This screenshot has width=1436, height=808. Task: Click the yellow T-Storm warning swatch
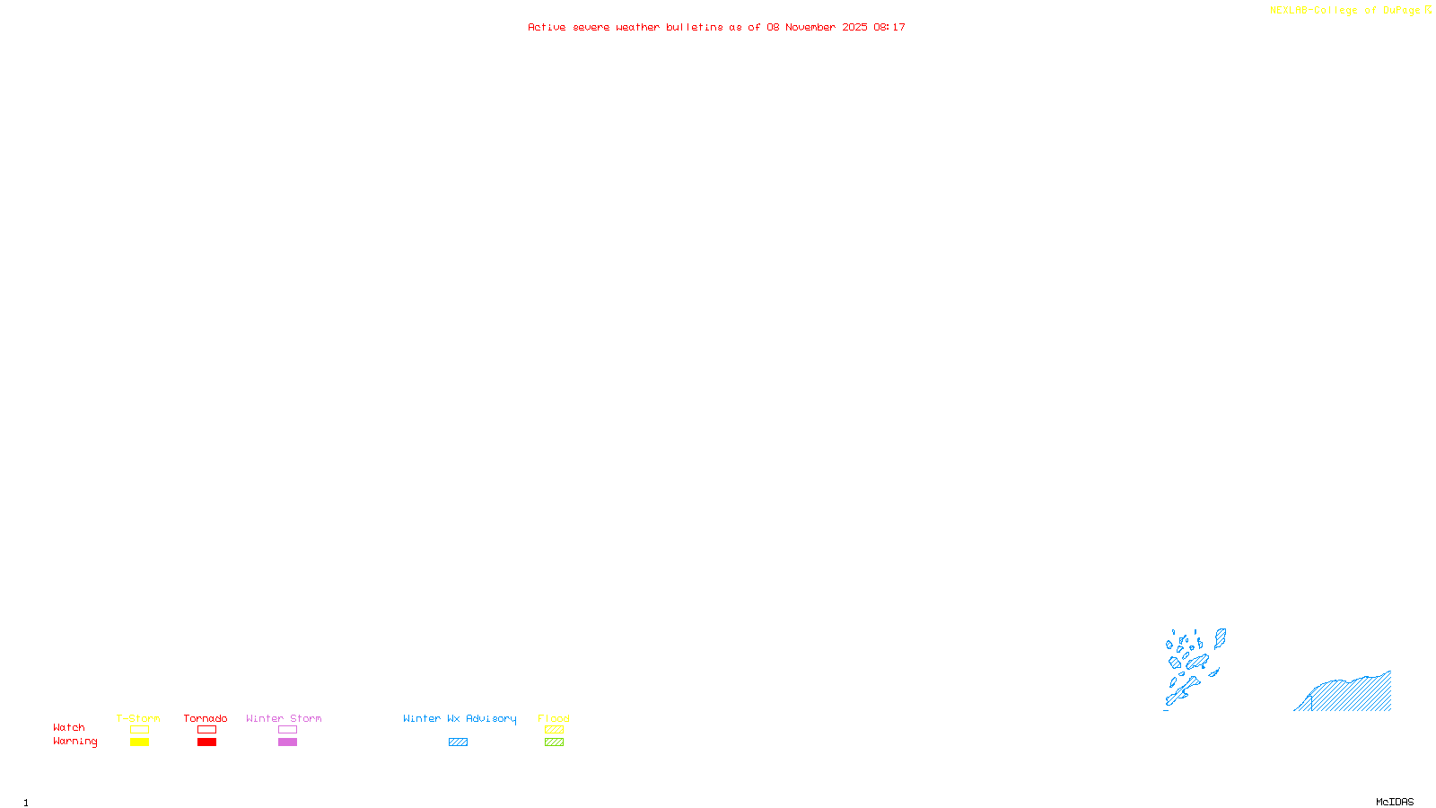pyautogui.click(x=139, y=742)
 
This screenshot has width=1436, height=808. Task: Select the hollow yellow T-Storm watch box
pyautogui.click(x=139, y=730)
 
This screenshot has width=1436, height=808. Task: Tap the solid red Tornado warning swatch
pyautogui.click(x=206, y=742)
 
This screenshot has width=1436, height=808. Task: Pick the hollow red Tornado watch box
pyautogui.click(x=206, y=730)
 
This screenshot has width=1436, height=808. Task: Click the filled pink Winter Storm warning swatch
pyautogui.click(x=287, y=742)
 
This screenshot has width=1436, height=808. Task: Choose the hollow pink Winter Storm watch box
pyautogui.click(x=287, y=730)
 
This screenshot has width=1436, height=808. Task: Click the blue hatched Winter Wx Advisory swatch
pyautogui.click(x=458, y=742)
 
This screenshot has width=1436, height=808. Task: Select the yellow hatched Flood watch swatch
pyautogui.click(x=554, y=730)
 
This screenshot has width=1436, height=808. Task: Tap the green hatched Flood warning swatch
pyautogui.click(x=554, y=742)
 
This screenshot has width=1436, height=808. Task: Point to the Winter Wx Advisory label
pyautogui.click(x=460, y=718)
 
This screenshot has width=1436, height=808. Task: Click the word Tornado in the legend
pyautogui.click(x=206, y=718)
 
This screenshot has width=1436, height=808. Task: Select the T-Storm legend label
pyautogui.click(x=138, y=718)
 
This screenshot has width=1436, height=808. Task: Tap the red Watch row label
pyautogui.click(x=69, y=728)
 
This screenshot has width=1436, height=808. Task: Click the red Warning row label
pyautogui.click(x=74, y=742)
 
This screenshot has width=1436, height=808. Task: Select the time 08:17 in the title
pyautogui.click(x=889, y=27)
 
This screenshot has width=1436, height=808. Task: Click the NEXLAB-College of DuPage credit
pyautogui.click(x=1344, y=11)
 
